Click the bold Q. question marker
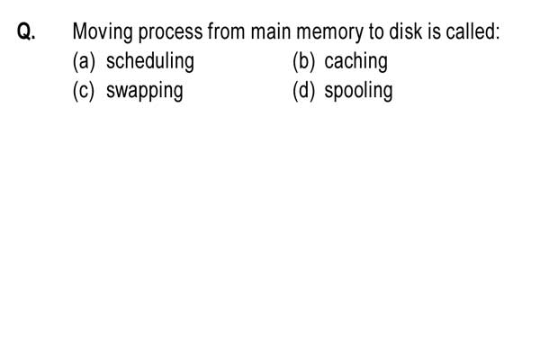[26, 31]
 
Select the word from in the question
[227, 31]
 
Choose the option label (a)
[84, 62]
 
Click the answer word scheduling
[150, 62]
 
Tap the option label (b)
[304, 62]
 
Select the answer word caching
[356, 62]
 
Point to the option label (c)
[84, 91]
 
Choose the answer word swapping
[145, 92]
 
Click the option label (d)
[304, 91]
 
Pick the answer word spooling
[358, 92]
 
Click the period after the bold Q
[33, 38]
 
